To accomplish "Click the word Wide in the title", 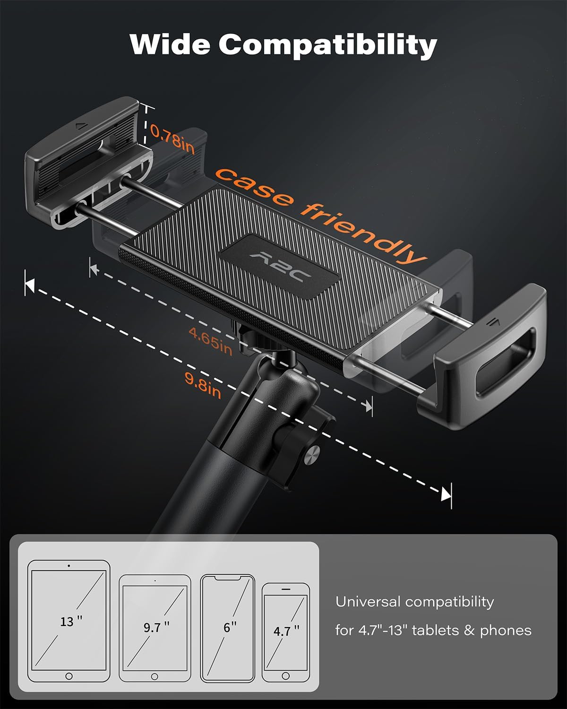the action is point(170,44).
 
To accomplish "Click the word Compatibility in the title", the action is point(328,46).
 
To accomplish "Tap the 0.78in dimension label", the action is point(172,138).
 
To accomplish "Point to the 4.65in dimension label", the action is point(211,342).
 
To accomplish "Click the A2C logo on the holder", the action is point(280,268).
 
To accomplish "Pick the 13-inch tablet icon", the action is point(69,621).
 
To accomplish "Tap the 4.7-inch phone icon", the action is point(286,632).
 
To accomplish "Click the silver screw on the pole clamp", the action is point(311,455).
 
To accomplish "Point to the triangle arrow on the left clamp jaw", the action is point(80,126).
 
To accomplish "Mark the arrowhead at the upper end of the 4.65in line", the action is point(94,270).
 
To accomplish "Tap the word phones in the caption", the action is point(506,631).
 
